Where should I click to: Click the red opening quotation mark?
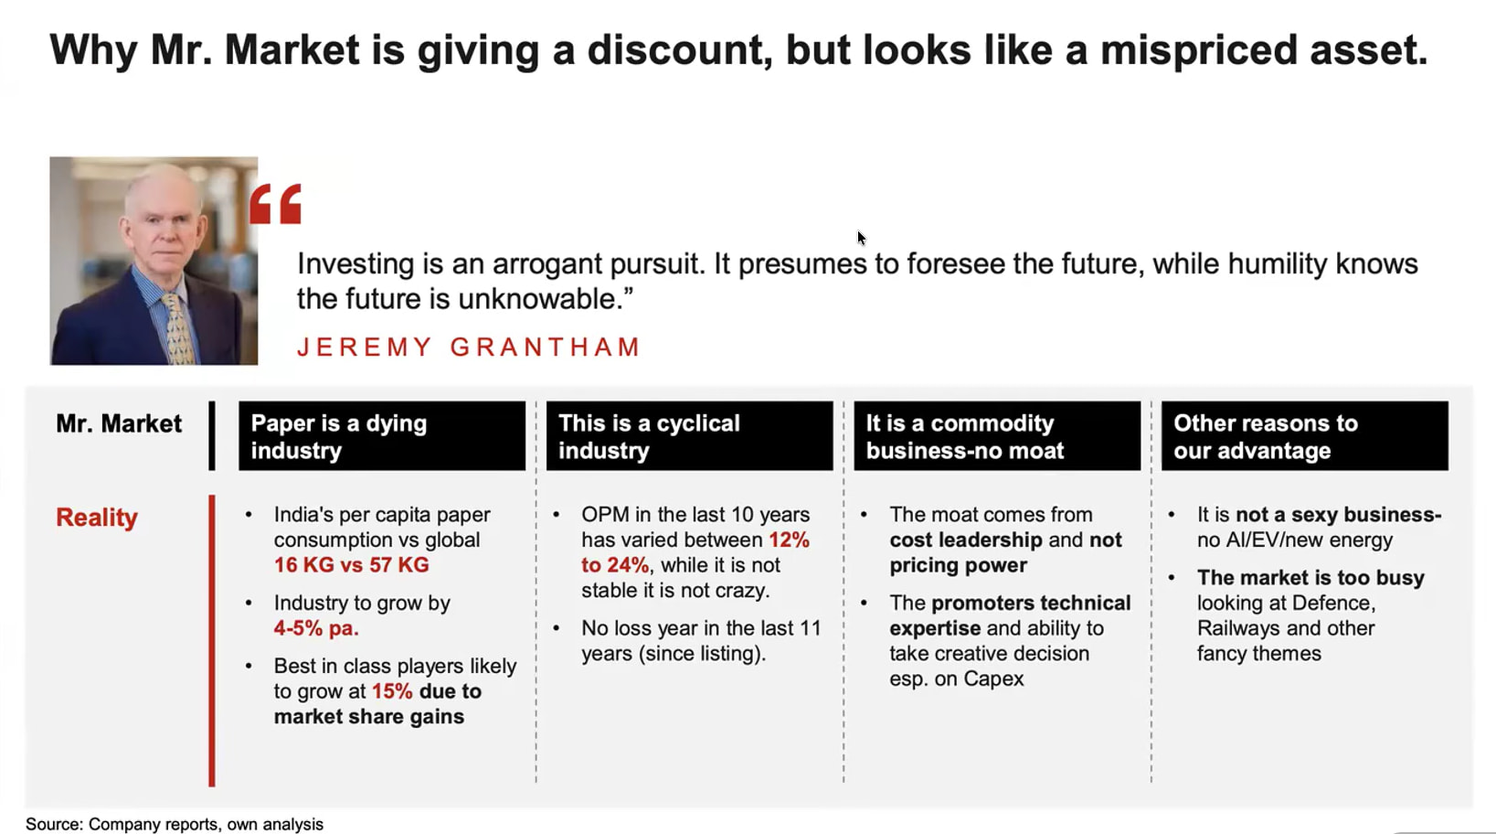[275, 203]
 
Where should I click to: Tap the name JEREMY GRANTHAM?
[469, 347]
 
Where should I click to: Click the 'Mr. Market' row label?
[119, 423]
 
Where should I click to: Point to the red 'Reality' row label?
[97, 518]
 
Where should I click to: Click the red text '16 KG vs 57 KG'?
[351, 565]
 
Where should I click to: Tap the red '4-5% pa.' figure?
[316, 628]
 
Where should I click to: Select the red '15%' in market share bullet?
[392, 691]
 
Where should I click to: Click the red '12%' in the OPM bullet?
[789, 540]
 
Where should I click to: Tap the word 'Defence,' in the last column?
[1333, 603]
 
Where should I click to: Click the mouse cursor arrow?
[862, 238]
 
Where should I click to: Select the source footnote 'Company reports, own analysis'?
[206, 825]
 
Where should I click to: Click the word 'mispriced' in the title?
[1199, 50]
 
